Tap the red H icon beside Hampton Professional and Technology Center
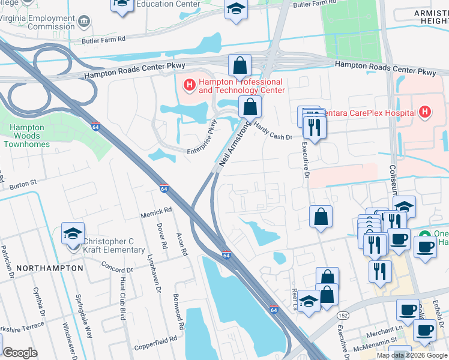[x=189, y=86]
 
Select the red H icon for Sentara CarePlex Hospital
[x=425, y=112]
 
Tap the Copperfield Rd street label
[x=155, y=338]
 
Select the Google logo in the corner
[x=20, y=353]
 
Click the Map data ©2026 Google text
[x=412, y=355]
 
